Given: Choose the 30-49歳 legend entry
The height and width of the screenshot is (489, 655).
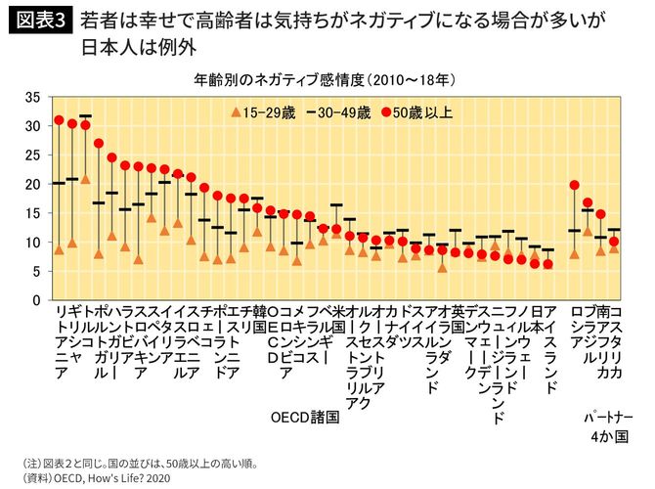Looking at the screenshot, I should click(x=342, y=112).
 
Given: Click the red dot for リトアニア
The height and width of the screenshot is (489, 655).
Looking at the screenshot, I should click(x=59, y=120).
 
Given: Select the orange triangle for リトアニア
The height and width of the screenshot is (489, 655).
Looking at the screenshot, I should click(x=59, y=249).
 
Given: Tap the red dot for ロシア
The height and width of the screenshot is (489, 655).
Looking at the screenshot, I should click(x=574, y=185).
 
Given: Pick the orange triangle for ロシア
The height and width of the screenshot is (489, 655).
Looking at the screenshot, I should click(x=574, y=253).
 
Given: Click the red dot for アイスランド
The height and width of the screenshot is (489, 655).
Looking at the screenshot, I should click(x=548, y=264).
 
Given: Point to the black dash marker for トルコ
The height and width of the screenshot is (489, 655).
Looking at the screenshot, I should click(x=85, y=116).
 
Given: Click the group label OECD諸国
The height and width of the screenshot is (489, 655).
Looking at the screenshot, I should click(x=304, y=416).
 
